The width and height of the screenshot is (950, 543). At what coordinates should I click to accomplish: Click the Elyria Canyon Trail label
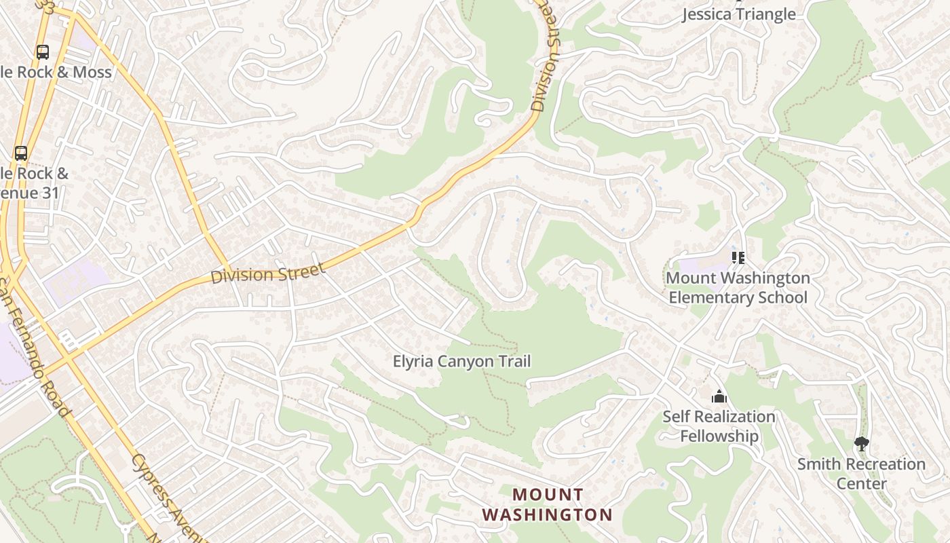pos(461,361)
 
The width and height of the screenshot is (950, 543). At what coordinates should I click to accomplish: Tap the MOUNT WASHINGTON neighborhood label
pos(547,504)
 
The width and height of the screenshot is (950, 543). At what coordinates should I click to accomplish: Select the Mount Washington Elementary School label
pos(738,288)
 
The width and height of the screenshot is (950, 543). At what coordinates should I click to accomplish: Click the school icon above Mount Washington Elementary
pos(738,258)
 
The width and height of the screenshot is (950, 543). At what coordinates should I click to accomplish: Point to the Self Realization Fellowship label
pos(719,426)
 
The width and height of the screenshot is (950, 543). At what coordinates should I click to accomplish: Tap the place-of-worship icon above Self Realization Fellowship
pos(719,396)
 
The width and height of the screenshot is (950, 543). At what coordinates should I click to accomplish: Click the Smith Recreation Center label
pos(861,474)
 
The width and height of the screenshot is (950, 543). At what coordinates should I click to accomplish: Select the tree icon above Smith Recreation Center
pos(861,444)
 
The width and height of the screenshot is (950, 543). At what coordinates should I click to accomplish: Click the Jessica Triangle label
pos(738,14)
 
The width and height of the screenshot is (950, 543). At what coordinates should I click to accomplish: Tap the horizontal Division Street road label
pos(268,274)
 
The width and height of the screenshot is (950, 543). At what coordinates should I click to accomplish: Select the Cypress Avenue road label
pos(161,489)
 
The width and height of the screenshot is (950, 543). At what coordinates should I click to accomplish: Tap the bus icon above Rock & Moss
pos(43,52)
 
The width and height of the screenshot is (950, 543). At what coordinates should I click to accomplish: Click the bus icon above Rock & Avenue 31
pos(21,153)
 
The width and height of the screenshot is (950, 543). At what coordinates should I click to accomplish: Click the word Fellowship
pos(719,436)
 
